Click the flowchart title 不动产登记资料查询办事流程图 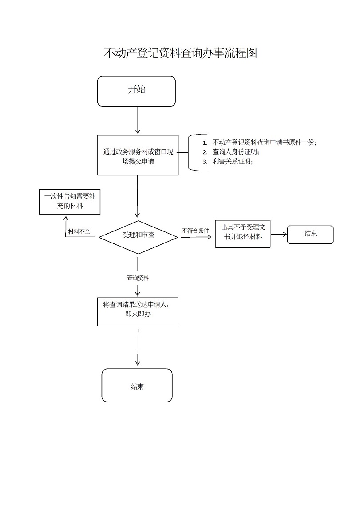coord(180,53)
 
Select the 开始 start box coord(137,91)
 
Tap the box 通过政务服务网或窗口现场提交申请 coord(138,155)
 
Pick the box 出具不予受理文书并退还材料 coord(242,233)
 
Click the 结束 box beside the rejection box coord(310,234)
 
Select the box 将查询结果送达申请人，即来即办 coord(138,311)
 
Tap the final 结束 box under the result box coord(137,386)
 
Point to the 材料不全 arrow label coord(79,232)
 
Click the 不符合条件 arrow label coord(195,231)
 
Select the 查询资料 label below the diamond coord(138,278)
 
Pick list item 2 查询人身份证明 coord(236,152)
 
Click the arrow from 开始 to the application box coord(138,120)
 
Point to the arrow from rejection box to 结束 coord(279,234)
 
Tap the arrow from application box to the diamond coord(138,195)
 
